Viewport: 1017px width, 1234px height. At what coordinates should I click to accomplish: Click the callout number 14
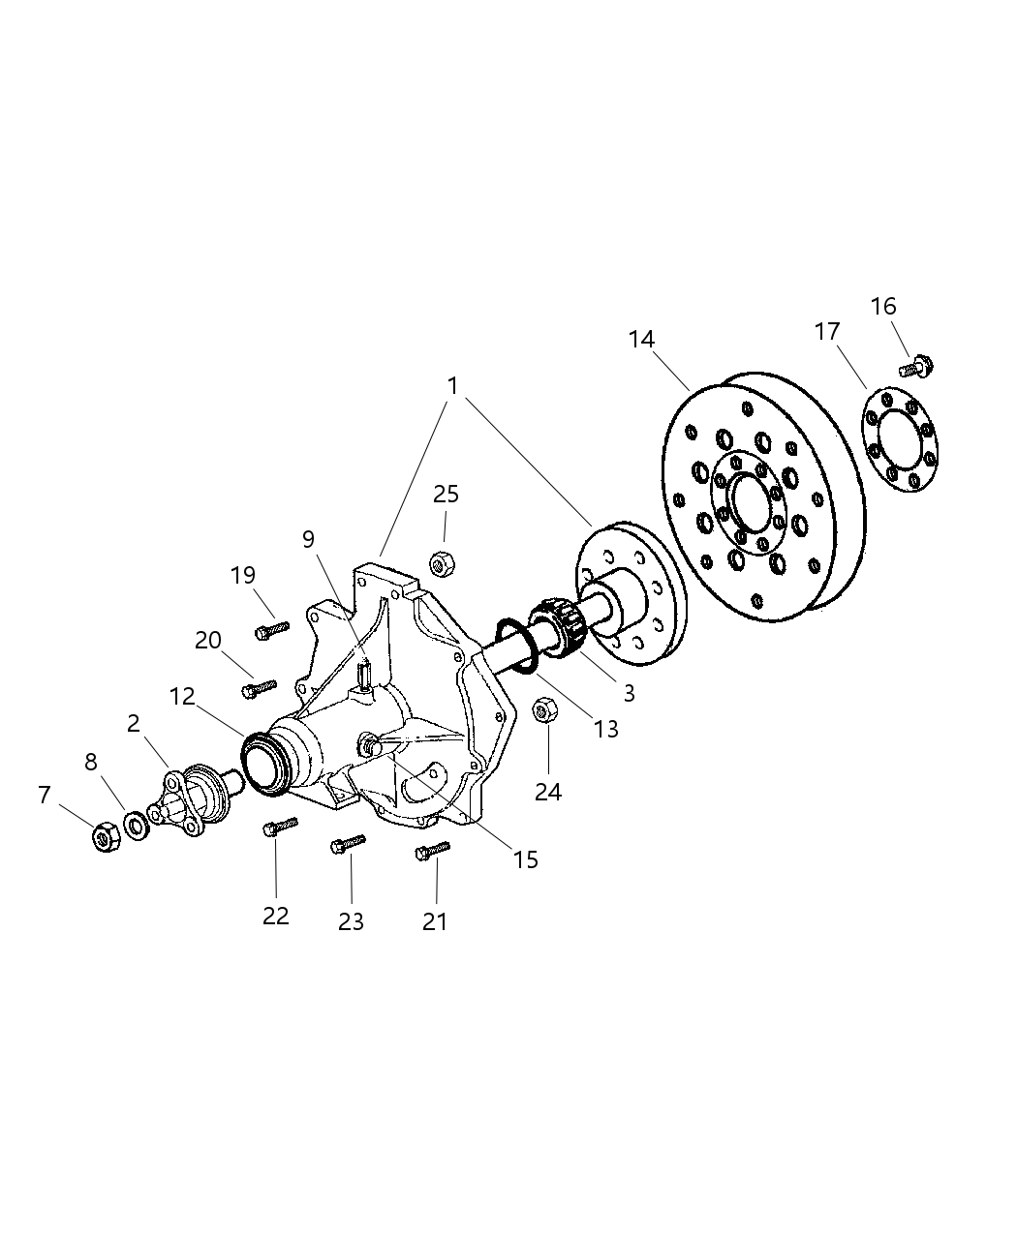(x=641, y=340)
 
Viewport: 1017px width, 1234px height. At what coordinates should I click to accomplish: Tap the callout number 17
(x=826, y=332)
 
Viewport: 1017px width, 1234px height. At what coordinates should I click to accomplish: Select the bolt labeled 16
(x=915, y=368)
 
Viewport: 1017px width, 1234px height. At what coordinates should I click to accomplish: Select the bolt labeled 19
(x=271, y=630)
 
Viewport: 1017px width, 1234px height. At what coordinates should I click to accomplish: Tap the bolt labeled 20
(x=259, y=688)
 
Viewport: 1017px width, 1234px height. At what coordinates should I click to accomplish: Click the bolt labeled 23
(x=348, y=844)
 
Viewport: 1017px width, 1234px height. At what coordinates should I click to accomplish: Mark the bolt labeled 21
(x=432, y=851)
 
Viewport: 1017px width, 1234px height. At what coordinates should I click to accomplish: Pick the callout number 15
(x=525, y=859)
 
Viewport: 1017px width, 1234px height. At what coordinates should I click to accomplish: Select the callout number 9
(x=309, y=539)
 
